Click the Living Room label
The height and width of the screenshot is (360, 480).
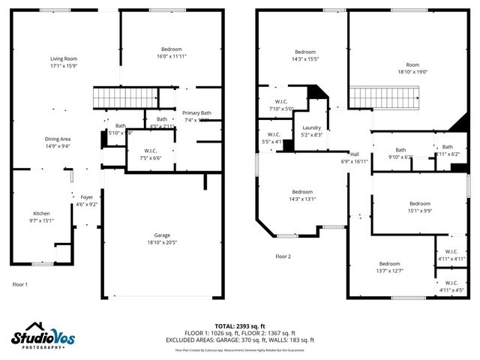click(x=64, y=58)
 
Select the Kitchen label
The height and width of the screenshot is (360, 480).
click(x=41, y=213)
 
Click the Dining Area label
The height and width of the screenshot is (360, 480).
click(x=58, y=139)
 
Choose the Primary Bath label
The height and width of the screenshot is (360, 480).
click(x=197, y=113)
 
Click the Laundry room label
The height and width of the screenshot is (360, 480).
click(x=311, y=127)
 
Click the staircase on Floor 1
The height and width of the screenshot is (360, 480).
click(x=124, y=97)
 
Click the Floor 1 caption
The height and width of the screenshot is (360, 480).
click(x=20, y=284)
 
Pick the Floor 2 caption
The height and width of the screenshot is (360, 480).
click(x=283, y=256)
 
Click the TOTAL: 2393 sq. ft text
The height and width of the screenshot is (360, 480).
click(x=240, y=326)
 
